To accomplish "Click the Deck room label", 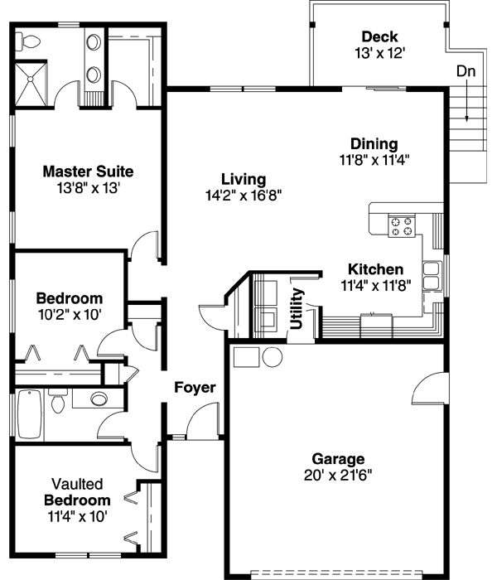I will tap(379, 36).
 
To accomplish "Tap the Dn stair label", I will tap(466, 71).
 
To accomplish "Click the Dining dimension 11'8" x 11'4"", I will tap(374, 159).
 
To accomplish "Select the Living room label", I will tap(244, 179).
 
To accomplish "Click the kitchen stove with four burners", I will tap(403, 226).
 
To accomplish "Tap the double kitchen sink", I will tap(432, 276).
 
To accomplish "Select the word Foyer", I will tap(195, 387).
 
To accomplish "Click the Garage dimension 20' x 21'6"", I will tap(338, 475).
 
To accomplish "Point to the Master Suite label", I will tap(88, 172).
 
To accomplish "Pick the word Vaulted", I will tap(77, 484).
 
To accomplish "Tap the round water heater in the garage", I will tap(272, 357).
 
